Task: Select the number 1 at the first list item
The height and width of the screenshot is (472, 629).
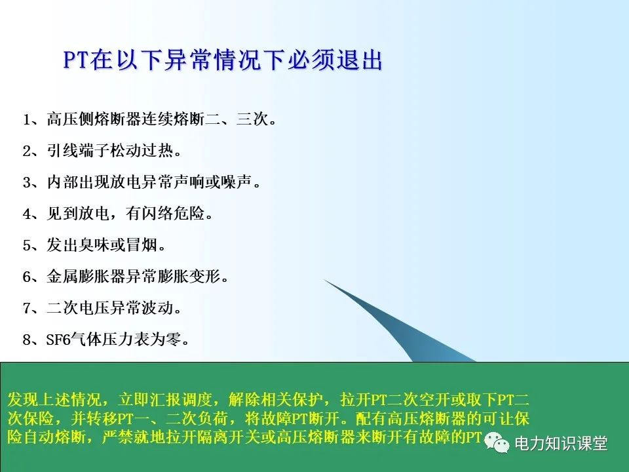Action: (27, 121)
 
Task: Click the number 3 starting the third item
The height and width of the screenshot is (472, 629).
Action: (27, 183)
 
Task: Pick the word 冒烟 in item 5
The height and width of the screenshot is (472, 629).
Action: (142, 246)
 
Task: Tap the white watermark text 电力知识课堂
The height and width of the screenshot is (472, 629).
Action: (561, 444)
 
